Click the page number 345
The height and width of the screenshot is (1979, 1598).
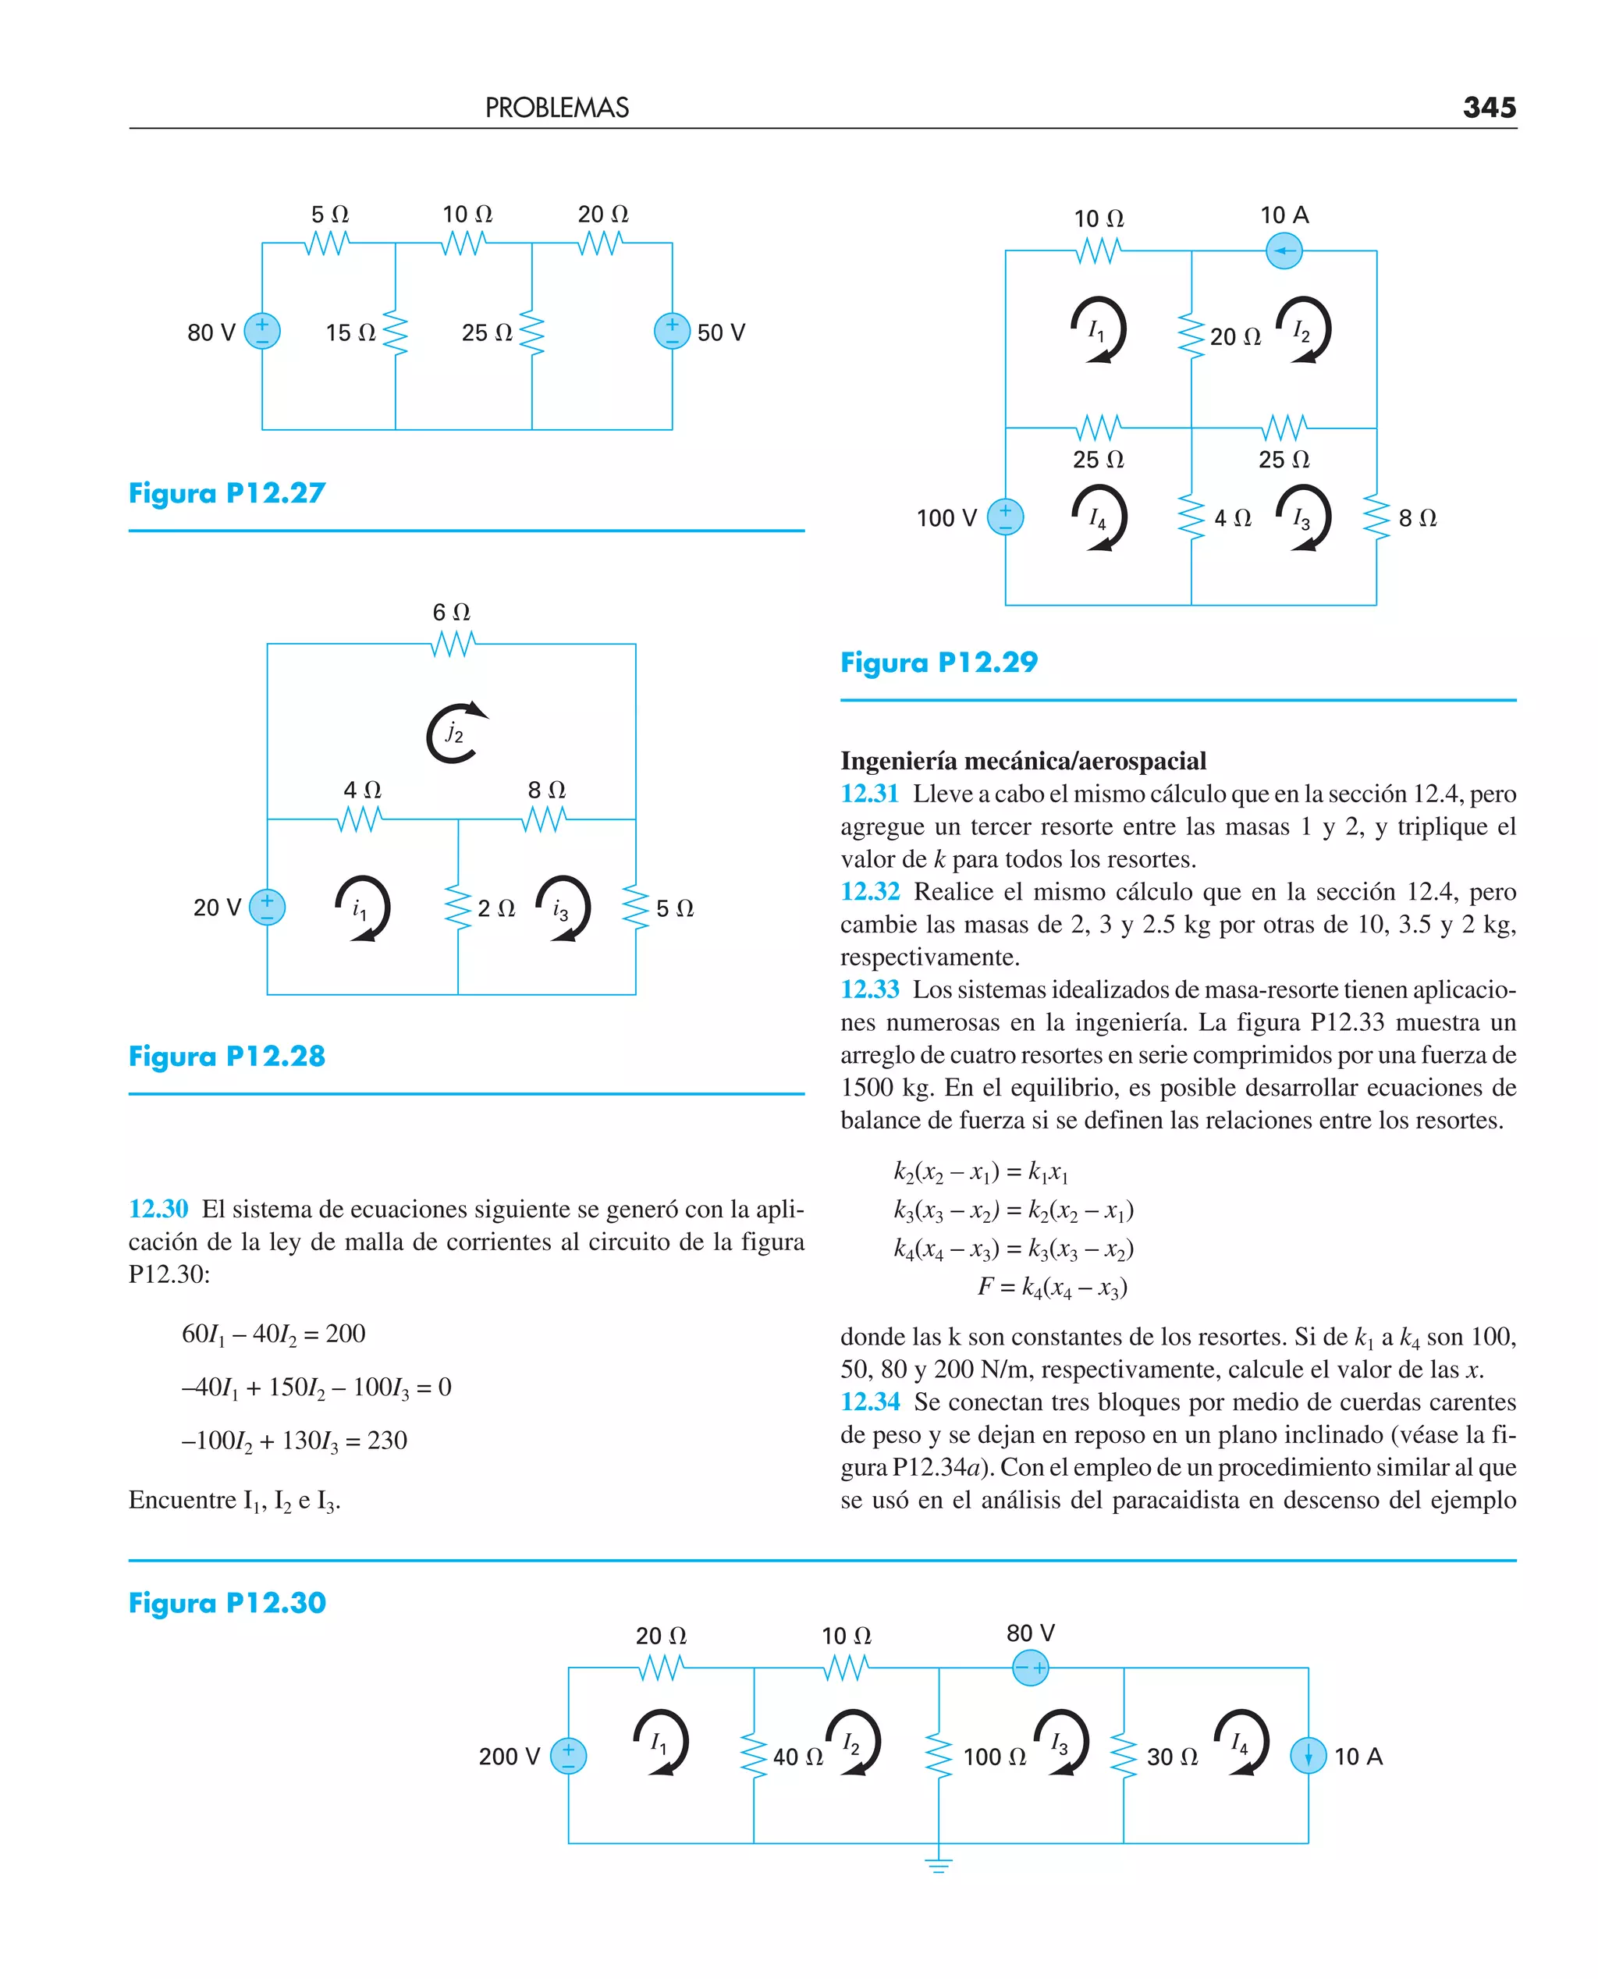1489,108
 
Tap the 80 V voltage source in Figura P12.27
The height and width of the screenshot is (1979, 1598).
262,332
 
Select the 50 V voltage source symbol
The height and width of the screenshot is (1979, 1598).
672,332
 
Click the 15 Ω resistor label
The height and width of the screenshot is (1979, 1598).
350,333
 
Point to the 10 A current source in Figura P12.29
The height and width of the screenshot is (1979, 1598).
1284,250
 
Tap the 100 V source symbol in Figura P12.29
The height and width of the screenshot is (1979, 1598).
1005,517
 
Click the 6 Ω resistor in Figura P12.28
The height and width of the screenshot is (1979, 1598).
453,643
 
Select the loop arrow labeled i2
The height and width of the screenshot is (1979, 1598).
455,733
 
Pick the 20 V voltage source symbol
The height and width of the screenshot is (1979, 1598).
267,907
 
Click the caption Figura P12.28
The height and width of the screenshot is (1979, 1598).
227,1056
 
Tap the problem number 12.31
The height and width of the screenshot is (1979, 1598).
869,794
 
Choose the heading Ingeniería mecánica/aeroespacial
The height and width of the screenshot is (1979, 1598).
1023,761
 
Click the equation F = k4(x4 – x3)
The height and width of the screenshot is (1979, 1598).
1052,1287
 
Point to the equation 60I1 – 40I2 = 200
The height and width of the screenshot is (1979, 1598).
273,1334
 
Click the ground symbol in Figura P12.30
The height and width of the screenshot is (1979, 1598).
938,1867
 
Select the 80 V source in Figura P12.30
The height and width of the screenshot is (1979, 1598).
1030,1668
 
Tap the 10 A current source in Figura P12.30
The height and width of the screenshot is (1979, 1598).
1308,1755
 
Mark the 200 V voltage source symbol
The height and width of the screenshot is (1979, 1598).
568,1755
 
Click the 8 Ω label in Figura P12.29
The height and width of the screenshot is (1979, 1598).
1417,518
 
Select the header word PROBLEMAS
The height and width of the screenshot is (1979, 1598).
557,108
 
